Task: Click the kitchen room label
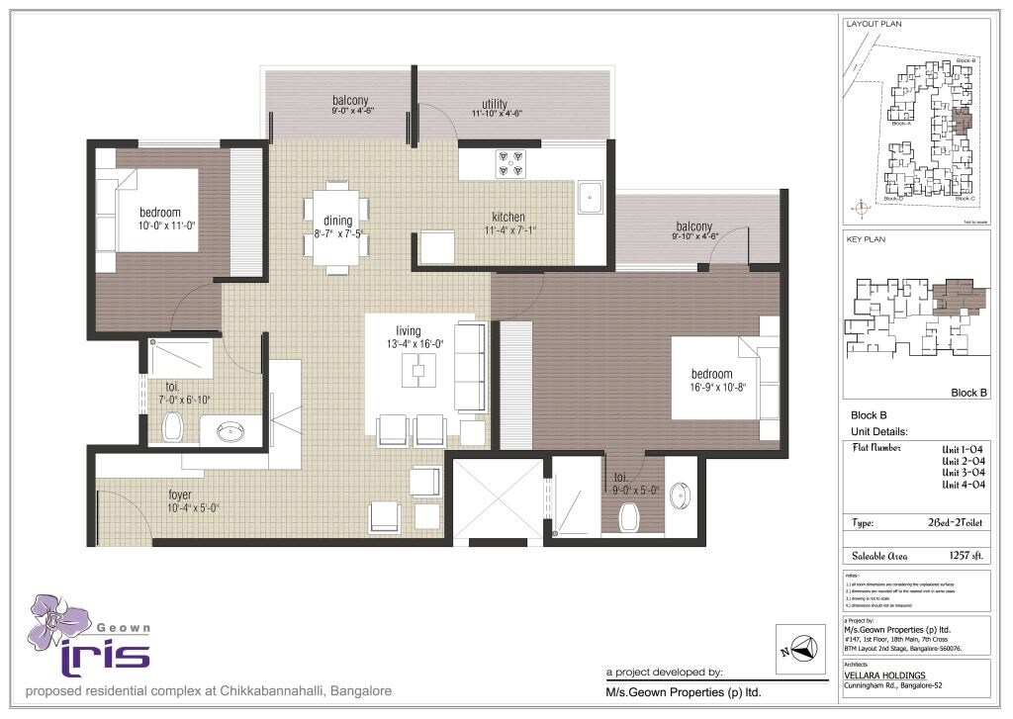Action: pyautogui.click(x=508, y=218)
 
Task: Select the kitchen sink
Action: pyautogui.click(x=591, y=196)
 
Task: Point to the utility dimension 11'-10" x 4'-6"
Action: pyautogui.click(x=496, y=114)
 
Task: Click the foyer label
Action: pyautogui.click(x=179, y=494)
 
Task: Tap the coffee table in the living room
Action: pyautogui.click(x=418, y=370)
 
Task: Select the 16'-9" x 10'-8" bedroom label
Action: pyautogui.click(x=712, y=374)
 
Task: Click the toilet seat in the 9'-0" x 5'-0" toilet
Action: pyautogui.click(x=627, y=515)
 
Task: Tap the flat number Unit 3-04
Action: pyautogui.click(x=963, y=472)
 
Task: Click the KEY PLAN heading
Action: pyautogui.click(x=865, y=239)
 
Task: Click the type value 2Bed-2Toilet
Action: pyautogui.click(x=956, y=523)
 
